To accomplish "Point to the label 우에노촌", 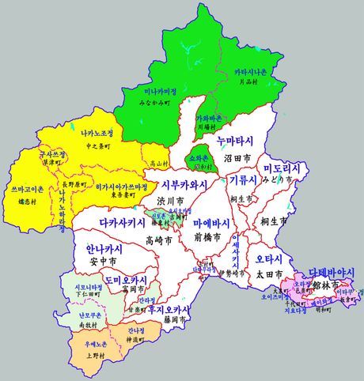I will pyautogui.click(x=79, y=345).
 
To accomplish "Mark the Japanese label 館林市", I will pyautogui.click(x=326, y=283).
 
